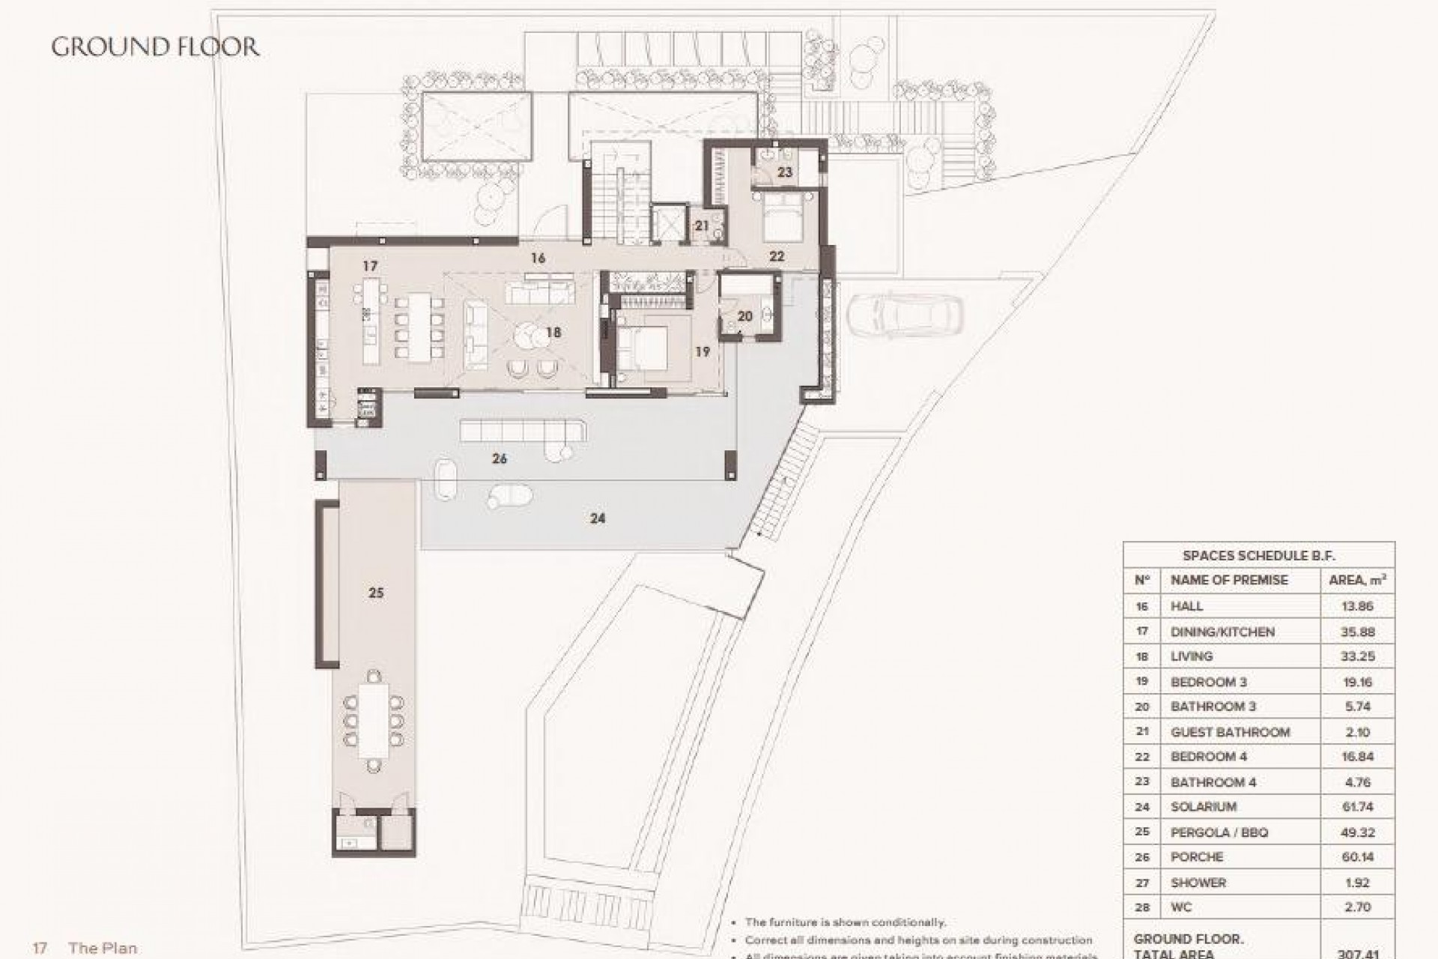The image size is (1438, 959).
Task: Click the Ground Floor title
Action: [x=155, y=47]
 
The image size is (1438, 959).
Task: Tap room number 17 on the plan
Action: [x=369, y=266]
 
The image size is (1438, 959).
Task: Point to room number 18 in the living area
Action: [x=553, y=333]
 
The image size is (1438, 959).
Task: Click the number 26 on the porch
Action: [x=500, y=459]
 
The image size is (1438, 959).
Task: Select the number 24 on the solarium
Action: [x=597, y=518]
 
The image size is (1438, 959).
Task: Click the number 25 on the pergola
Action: [x=376, y=593]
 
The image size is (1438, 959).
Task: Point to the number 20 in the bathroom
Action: [x=744, y=317]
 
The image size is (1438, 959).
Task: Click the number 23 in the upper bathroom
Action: [x=784, y=172]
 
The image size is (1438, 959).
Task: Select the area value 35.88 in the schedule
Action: [x=1357, y=632]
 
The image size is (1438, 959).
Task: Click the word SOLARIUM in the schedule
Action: [x=1204, y=807]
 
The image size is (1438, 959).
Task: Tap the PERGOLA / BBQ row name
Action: [x=1219, y=832]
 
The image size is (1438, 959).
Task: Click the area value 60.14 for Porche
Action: [x=1357, y=857]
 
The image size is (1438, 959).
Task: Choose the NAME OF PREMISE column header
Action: [x=1229, y=580]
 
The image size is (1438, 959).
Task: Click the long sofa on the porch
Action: [x=524, y=432]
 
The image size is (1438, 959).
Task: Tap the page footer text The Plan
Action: [x=103, y=948]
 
